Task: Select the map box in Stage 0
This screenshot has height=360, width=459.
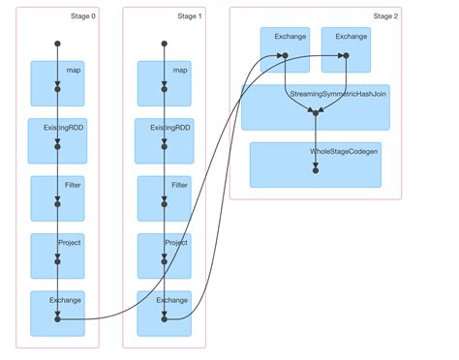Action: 57,83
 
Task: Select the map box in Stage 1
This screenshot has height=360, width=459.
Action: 164,83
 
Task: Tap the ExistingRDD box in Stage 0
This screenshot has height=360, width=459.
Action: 57,140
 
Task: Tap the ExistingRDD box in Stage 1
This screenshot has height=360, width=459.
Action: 164,140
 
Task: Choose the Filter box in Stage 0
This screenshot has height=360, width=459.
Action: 57,197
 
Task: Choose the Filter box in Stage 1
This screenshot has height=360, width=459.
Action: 164,197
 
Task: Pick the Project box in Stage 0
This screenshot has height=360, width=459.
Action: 57,255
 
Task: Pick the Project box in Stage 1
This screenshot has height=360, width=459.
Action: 164,255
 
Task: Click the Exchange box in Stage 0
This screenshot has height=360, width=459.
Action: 57,313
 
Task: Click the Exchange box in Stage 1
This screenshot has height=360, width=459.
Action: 164,313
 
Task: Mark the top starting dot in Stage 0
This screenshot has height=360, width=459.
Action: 57,44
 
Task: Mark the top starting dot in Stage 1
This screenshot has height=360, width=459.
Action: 164,44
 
